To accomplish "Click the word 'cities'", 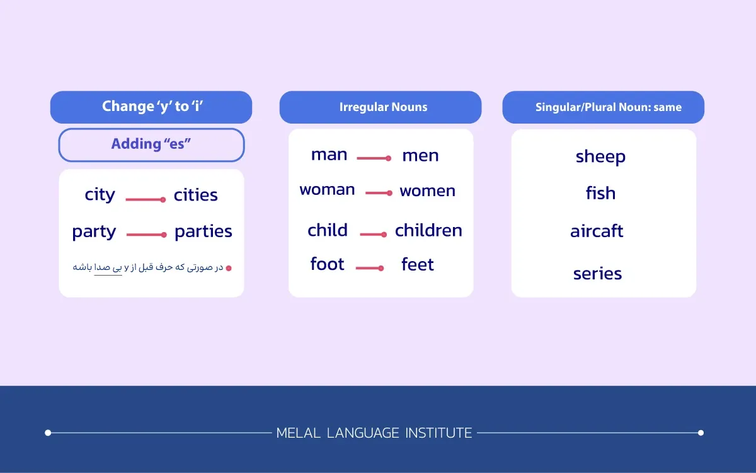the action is [196, 195].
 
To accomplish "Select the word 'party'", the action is [94, 232].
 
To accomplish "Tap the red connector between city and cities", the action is [146, 199].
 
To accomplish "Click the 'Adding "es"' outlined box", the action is [151, 144].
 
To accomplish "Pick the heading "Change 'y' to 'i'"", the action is [152, 107].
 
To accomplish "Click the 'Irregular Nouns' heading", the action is [384, 107].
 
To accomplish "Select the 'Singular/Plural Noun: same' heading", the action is [609, 107].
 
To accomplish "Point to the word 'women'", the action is [428, 191].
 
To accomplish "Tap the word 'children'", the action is [428, 230].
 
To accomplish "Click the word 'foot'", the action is [327, 264].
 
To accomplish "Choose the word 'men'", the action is [421, 156].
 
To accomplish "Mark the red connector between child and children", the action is [373, 234].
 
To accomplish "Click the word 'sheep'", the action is [600, 157].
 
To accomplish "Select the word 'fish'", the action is [601, 193].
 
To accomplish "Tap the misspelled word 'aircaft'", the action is [597, 231].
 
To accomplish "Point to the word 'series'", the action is [597, 274].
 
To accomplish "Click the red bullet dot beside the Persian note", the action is [229, 268].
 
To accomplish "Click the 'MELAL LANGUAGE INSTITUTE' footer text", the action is [374, 433].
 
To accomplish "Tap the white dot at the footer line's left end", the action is [48, 433].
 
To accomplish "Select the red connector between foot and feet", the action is [370, 268].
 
